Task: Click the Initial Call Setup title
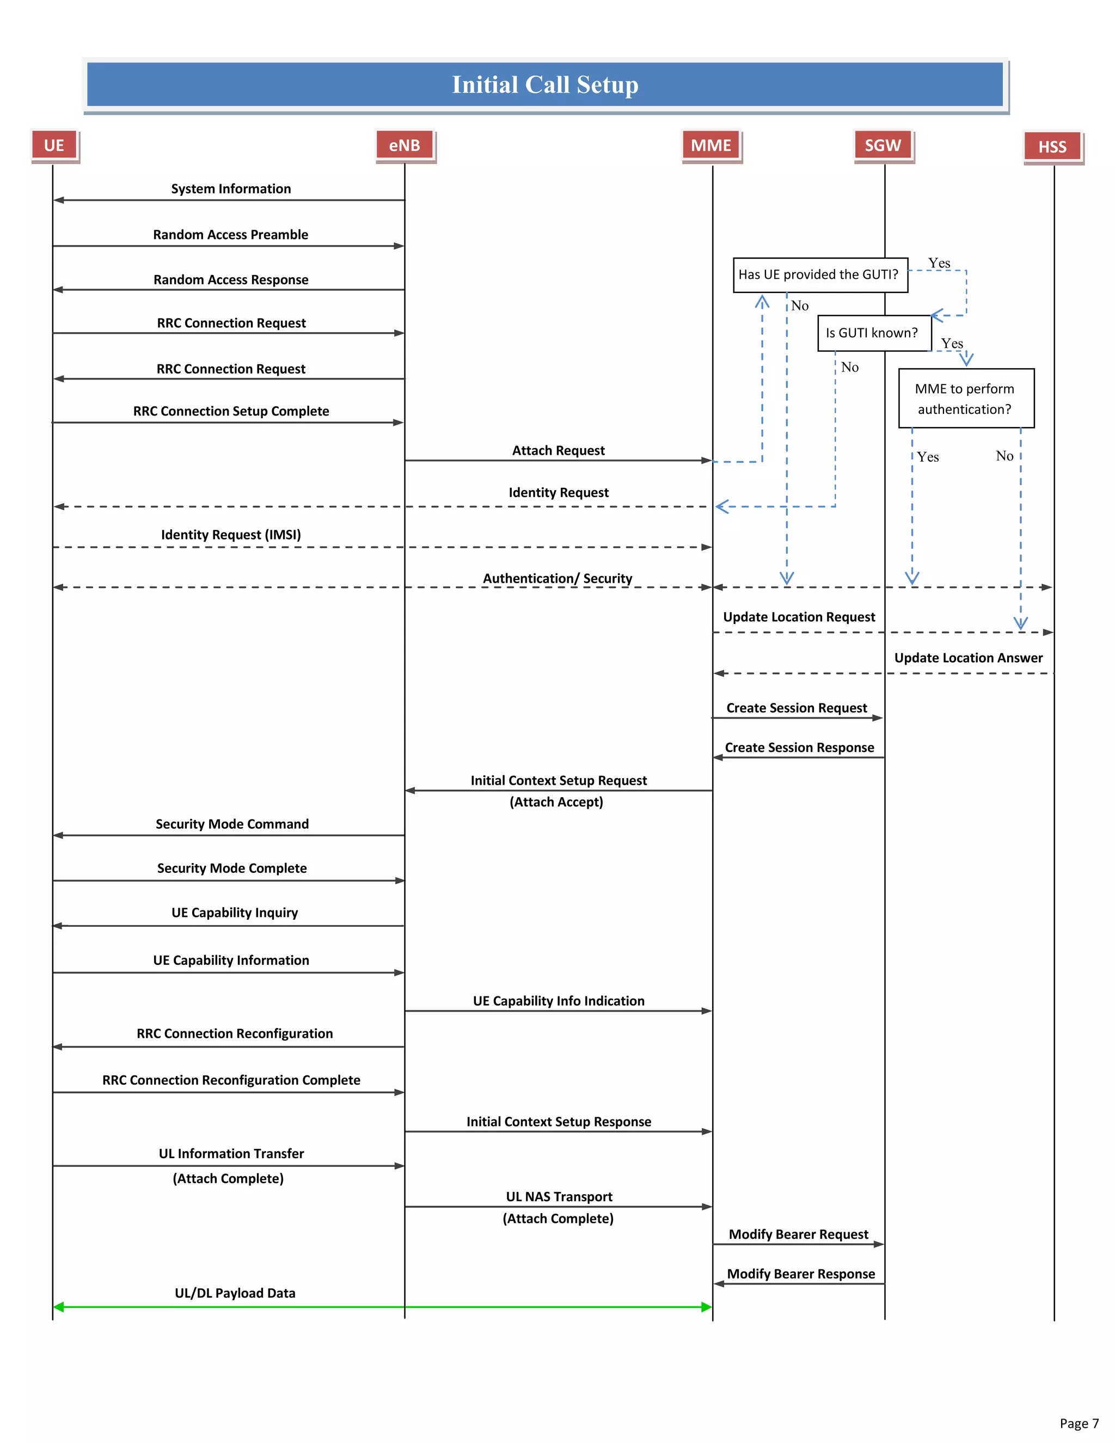[x=545, y=84]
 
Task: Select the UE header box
[x=54, y=145]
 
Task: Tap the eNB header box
[x=405, y=145]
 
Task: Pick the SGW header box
[x=883, y=145]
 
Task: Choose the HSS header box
[x=1052, y=146]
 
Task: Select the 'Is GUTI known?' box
[x=872, y=333]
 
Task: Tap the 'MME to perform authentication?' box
[x=965, y=399]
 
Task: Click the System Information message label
[x=231, y=189]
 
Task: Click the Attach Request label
[x=558, y=451]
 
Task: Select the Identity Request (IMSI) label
[x=231, y=535]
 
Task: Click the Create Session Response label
[x=799, y=747]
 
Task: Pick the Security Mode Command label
[x=232, y=824]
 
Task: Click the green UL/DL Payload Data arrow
[x=383, y=1307]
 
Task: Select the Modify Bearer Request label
[x=798, y=1234]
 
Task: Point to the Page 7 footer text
[x=1079, y=1423]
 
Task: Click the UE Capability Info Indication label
[x=558, y=1001]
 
